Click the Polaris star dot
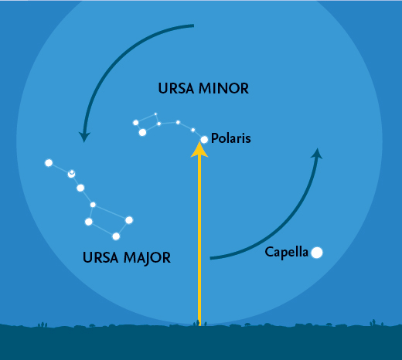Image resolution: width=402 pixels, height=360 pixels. pyautogui.click(x=204, y=140)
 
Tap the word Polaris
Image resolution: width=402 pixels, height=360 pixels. pyautogui.click(x=231, y=138)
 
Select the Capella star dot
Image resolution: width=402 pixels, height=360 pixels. pyautogui.click(x=317, y=253)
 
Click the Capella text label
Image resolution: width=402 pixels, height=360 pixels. pyautogui.click(x=286, y=252)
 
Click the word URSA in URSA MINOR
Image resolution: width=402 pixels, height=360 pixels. pyautogui.click(x=176, y=88)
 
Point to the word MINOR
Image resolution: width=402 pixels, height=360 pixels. pyautogui.click(x=223, y=88)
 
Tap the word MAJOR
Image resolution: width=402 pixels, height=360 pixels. pyautogui.click(x=147, y=258)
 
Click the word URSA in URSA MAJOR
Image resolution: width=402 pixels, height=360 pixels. pyautogui.click(x=100, y=257)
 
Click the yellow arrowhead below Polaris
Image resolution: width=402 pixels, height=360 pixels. pyautogui.click(x=199, y=149)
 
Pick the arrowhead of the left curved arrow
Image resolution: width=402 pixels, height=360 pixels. pyautogui.click(x=84, y=137)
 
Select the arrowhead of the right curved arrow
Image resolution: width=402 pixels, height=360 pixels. pyautogui.click(x=317, y=153)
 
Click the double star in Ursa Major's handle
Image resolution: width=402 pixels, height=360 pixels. pyautogui.click(x=71, y=174)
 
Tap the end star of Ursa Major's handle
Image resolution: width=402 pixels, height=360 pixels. pyautogui.click(x=49, y=163)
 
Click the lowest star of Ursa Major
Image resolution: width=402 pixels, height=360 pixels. pyautogui.click(x=116, y=236)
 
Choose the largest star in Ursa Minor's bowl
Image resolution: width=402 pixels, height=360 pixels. pyautogui.click(x=142, y=132)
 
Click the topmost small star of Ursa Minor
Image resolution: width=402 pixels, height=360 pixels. pyautogui.click(x=155, y=114)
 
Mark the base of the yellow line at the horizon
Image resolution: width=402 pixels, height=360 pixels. pyautogui.click(x=199, y=325)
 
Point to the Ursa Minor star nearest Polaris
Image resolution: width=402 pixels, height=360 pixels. pyautogui.click(x=192, y=130)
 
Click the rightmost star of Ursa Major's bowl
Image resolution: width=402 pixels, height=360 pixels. pyautogui.click(x=129, y=220)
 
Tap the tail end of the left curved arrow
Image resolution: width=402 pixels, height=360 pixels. pyautogui.click(x=193, y=25)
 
